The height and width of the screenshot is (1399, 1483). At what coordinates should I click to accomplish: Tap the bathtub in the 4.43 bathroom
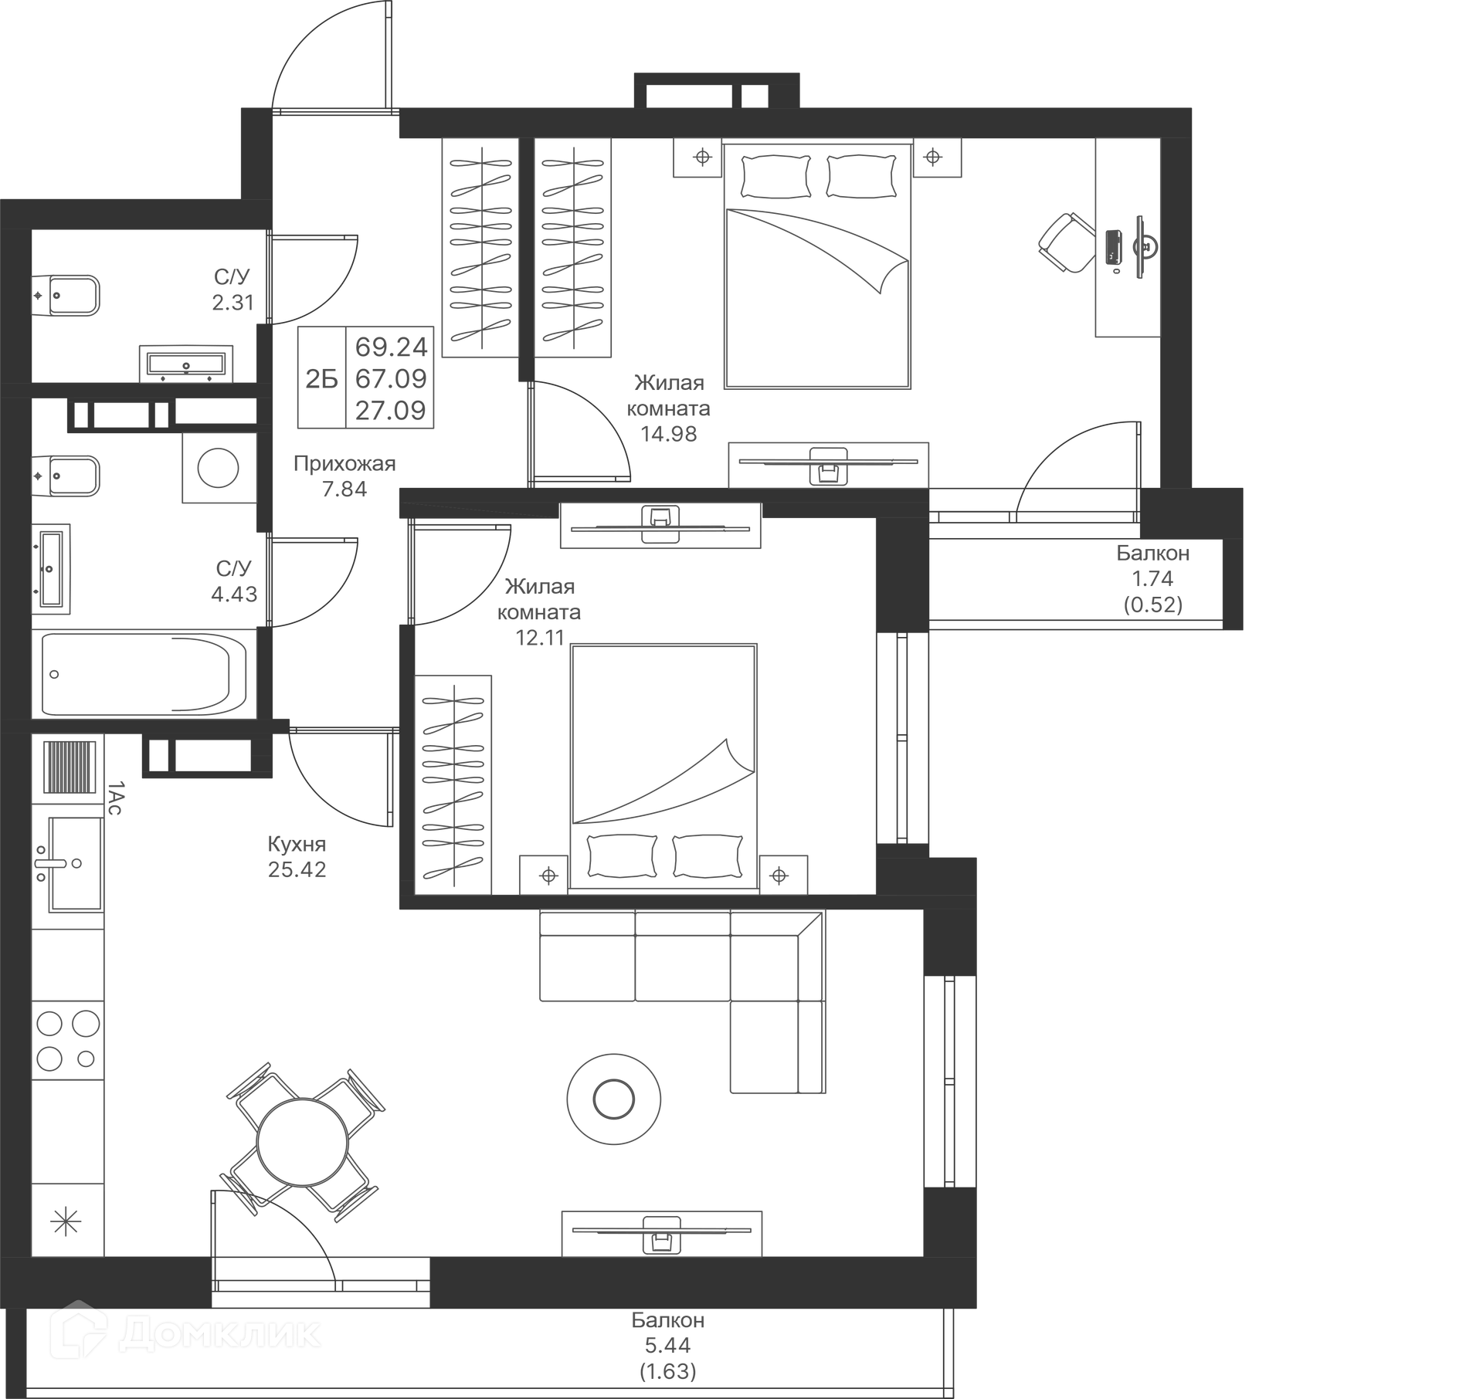coord(144,675)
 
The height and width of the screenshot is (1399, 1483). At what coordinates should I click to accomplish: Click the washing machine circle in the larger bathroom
coord(218,468)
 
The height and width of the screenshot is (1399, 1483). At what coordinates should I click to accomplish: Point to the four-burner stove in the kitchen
coord(67,1040)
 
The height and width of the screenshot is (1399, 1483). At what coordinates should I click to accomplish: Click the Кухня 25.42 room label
coord(297,856)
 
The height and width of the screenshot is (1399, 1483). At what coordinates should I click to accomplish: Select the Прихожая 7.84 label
coord(344,476)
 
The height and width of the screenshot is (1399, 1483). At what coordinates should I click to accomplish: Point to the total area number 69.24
coord(391,347)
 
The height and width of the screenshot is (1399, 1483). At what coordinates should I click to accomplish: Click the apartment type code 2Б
coord(321,379)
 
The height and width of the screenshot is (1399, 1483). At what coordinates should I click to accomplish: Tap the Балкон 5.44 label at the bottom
coord(668,1345)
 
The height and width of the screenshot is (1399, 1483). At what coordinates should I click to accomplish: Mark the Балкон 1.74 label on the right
coord(1152,578)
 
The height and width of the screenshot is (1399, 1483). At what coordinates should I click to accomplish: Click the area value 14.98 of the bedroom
coord(669,434)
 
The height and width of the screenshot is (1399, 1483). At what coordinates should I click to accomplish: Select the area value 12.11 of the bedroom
coord(540,638)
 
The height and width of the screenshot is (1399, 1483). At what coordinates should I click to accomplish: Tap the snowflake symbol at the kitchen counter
coord(66,1221)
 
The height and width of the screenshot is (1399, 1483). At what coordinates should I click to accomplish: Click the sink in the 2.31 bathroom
coord(186,364)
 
